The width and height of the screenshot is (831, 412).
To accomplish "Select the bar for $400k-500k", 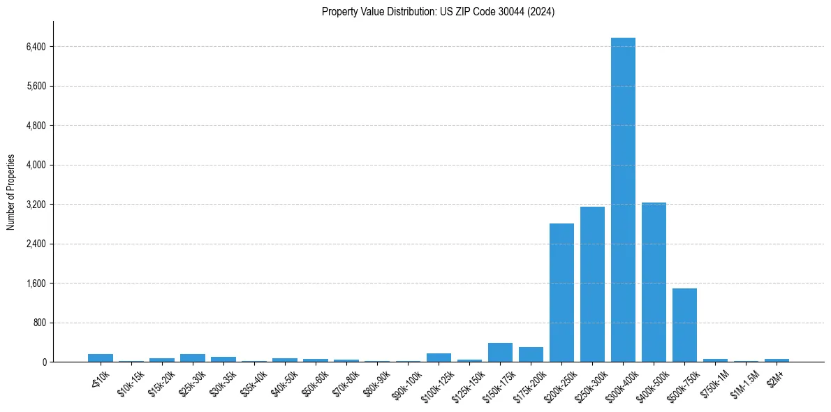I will coord(654,282).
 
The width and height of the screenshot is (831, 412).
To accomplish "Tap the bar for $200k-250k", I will coord(561,293).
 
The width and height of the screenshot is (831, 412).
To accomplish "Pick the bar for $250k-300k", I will coord(592,284).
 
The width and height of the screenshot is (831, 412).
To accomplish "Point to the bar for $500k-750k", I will coord(684,325).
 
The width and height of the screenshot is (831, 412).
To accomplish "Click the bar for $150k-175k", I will coord(500,353).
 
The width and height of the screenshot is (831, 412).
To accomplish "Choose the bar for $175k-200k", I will coord(531,355).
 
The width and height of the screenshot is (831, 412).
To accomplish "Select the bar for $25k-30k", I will coord(193,358).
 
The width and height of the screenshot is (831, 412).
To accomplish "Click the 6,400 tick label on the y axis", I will coord(35,47).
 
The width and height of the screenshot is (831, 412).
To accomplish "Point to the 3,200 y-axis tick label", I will coord(35,205).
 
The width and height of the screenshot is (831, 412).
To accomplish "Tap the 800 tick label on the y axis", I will coord(38,323).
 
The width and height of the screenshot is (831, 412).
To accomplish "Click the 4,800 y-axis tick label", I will coord(35,126).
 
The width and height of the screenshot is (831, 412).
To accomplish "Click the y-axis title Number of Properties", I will coord(11,191).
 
